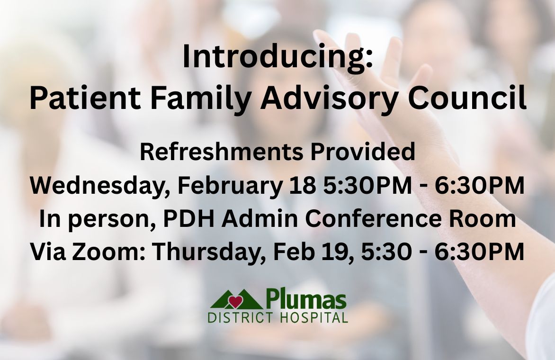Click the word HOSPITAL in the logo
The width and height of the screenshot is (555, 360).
314,317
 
